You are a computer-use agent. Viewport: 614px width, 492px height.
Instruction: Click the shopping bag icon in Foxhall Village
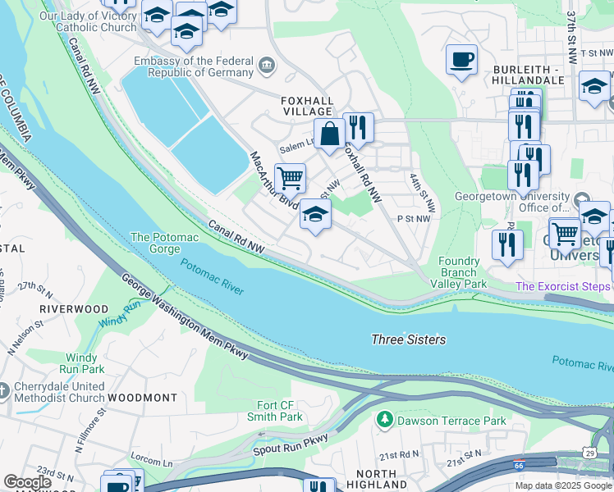click(329, 134)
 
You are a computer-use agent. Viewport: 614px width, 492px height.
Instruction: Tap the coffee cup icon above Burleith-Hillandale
click(461, 60)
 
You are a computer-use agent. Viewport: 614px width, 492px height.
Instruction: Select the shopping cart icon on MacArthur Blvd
click(290, 178)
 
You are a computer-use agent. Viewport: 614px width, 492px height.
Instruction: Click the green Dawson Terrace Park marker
click(383, 421)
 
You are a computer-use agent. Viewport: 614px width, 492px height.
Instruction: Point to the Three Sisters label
click(408, 339)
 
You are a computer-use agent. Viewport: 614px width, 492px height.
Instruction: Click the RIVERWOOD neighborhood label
click(73, 308)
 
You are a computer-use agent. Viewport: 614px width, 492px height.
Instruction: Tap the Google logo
click(27, 482)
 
